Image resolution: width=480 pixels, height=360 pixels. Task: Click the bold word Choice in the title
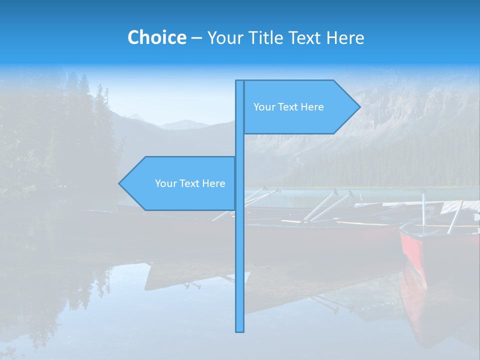pyautogui.click(x=156, y=37)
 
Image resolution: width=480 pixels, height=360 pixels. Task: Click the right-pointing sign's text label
pyautogui.click(x=288, y=107)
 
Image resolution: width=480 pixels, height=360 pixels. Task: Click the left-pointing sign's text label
pyautogui.click(x=190, y=183)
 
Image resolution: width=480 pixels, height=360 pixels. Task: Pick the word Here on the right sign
pyautogui.click(x=312, y=107)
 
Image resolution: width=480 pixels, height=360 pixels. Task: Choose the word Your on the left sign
pyautogui.click(x=164, y=183)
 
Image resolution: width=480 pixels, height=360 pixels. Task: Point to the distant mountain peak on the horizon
pyautogui.click(x=135, y=117)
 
